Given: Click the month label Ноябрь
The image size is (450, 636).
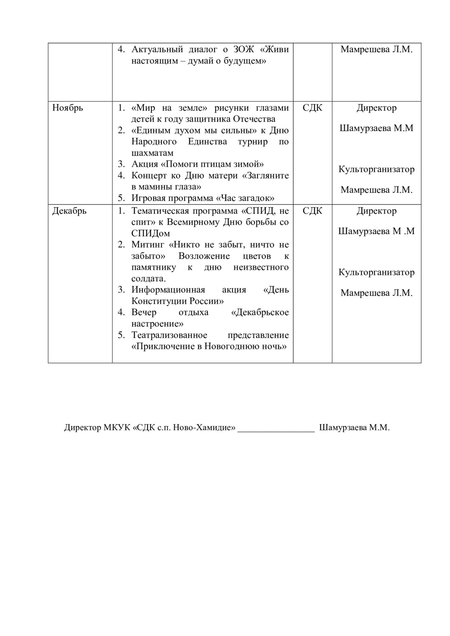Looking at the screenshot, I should coord(67,108).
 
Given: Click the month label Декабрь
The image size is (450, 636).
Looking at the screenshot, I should coord(69,211).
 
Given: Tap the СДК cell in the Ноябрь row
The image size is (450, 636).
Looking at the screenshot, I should coord(312,108).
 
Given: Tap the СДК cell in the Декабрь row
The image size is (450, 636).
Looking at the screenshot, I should coord(312,211).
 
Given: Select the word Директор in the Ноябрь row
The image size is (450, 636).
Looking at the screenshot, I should coord(376,108).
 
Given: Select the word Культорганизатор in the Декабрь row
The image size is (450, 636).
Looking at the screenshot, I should coord(376,272).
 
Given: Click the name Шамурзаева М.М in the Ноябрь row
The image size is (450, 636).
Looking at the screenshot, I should coord(376,128).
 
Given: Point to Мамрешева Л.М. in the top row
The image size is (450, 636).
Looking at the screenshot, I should coord(376,49).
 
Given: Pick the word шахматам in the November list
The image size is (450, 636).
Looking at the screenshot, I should coord(152,153).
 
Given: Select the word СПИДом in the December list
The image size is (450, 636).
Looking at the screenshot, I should coord(151,234).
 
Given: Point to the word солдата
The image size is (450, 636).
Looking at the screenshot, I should coord(148,279).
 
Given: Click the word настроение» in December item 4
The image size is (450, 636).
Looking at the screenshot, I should coord(157,324).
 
